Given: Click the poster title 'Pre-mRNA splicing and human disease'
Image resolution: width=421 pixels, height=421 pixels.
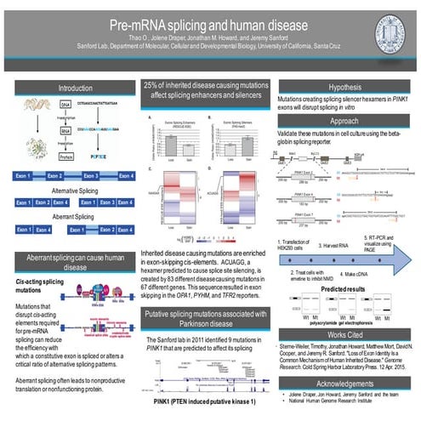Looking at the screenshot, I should pos(210,26).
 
